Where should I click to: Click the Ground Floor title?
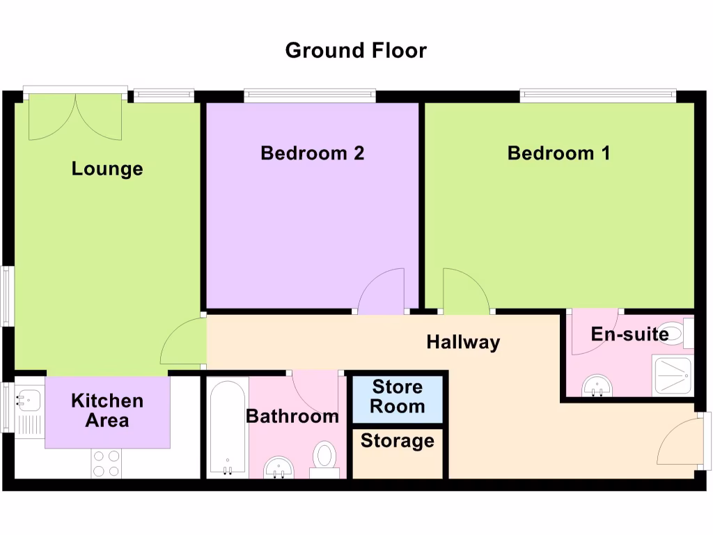(356, 50)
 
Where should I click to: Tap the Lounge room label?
(107, 169)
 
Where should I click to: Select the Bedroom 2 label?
(312, 153)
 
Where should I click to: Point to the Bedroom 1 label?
(558, 153)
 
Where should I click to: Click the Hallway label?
(463, 342)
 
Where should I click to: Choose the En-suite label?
(629, 334)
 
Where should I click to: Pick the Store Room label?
(397, 396)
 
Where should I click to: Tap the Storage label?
(397, 441)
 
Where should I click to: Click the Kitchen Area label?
(107, 410)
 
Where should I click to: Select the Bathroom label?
(292, 417)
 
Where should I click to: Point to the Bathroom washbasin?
(279, 467)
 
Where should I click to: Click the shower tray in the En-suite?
(673, 377)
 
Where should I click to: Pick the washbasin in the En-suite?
(597, 385)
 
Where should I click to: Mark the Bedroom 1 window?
(597, 95)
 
